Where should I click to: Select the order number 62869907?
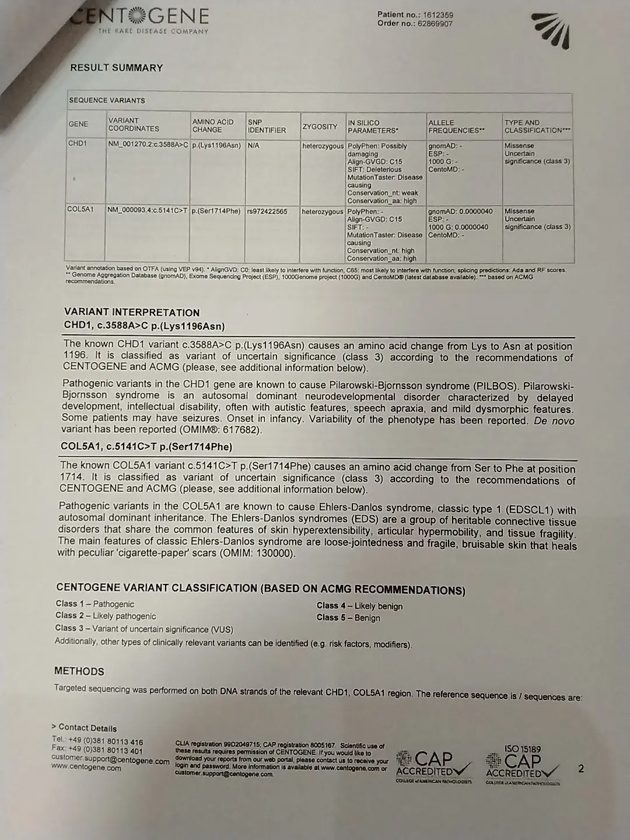pyautogui.click(x=435, y=24)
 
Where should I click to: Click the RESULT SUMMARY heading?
pyautogui.click(x=117, y=68)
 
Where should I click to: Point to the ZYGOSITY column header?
pyautogui.click(x=320, y=127)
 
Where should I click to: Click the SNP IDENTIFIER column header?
pyautogui.click(x=267, y=126)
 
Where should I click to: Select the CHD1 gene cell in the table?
pyautogui.click(x=78, y=143)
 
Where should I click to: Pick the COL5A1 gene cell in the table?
pyautogui.click(x=80, y=209)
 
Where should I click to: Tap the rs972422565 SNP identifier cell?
pyautogui.click(x=267, y=211)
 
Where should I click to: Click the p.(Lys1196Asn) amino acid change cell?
pyautogui.click(x=216, y=145)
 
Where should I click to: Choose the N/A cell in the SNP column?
pyautogui.click(x=253, y=145)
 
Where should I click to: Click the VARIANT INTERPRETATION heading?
pyautogui.click(x=132, y=312)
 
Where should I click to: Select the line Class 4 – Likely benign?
pyautogui.click(x=359, y=606)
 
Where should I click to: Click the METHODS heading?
pyautogui.click(x=79, y=671)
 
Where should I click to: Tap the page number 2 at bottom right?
pyautogui.click(x=580, y=769)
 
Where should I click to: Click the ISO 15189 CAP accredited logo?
pyautogui.click(x=521, y=764)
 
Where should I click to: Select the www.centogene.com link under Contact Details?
pyautogui.click(x=86, y=768)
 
